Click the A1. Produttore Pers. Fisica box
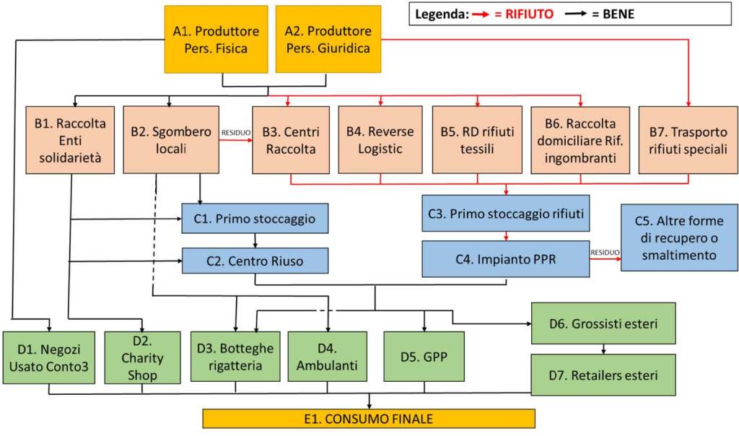coord(210,40)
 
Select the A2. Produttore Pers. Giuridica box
coord(328,40)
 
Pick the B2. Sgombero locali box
coord(171,140)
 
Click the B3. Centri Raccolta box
coord(291,140)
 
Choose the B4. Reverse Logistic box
coord(380,140)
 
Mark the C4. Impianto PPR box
coord(505,259)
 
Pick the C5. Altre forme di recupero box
coord(679,237)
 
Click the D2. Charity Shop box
coord(142,357)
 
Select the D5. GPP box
coord(423,357)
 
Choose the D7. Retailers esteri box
coord(603,375)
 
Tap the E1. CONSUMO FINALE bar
coord(369,419)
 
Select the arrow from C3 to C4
coord(505,236)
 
